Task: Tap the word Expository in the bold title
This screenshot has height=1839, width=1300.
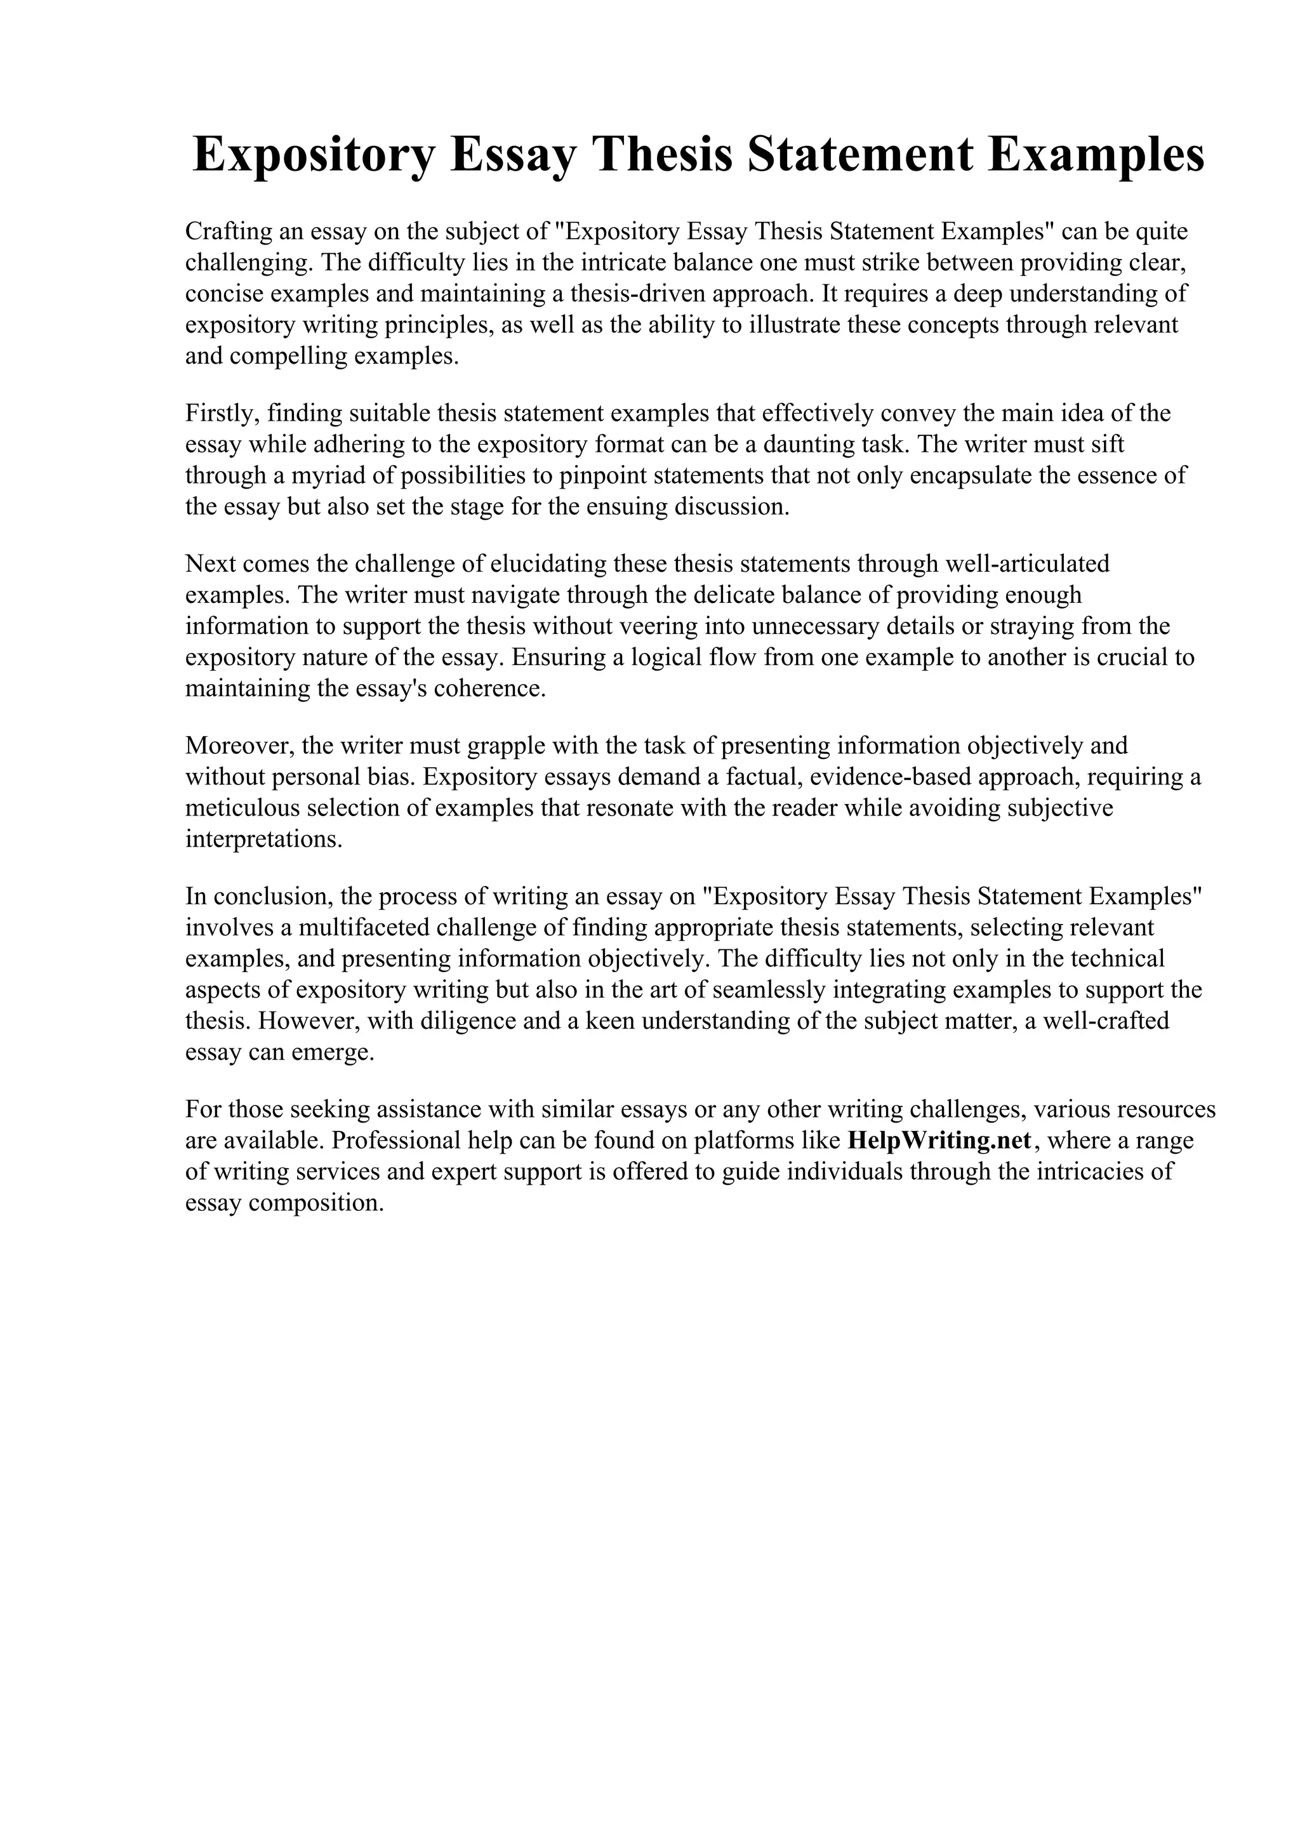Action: click(x=314, y=155)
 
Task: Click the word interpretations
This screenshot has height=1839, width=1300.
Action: click(x=263, y=840)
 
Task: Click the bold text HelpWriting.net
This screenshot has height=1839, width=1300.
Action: click(x=939, y=1140)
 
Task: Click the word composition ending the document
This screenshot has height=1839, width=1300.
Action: click(x=315, y=1203)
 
